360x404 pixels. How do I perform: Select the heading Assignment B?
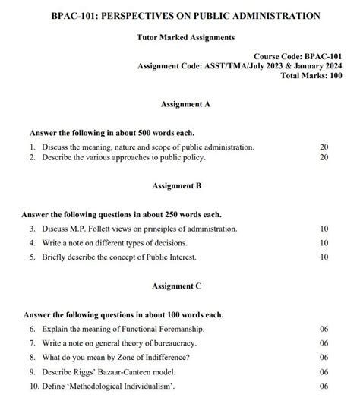tap(177, 185)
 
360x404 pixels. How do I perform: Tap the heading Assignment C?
tap(177, 286)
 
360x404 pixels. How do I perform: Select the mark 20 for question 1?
tap(324, 147)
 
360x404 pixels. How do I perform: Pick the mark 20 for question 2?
tap(324, 158)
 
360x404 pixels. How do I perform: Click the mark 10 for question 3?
tap(324, 229)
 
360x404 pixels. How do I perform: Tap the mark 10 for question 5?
tap(324, 257)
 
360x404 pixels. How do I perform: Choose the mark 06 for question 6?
tap(324, 329)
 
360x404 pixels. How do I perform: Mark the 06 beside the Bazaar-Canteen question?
tap(324, 372)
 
